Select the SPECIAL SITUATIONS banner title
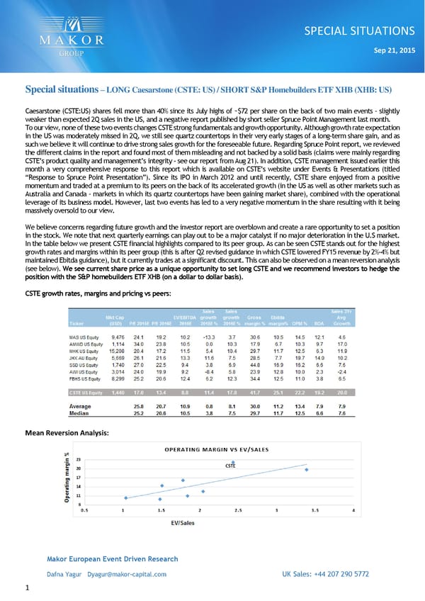(x=364, y=30)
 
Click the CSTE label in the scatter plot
(x=230, y=466)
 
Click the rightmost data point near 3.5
(x=307, y=469)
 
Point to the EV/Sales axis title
(x=183, y=523)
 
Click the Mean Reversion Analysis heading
(x=67, y=432)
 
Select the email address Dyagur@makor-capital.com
(x=127, y=574)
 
